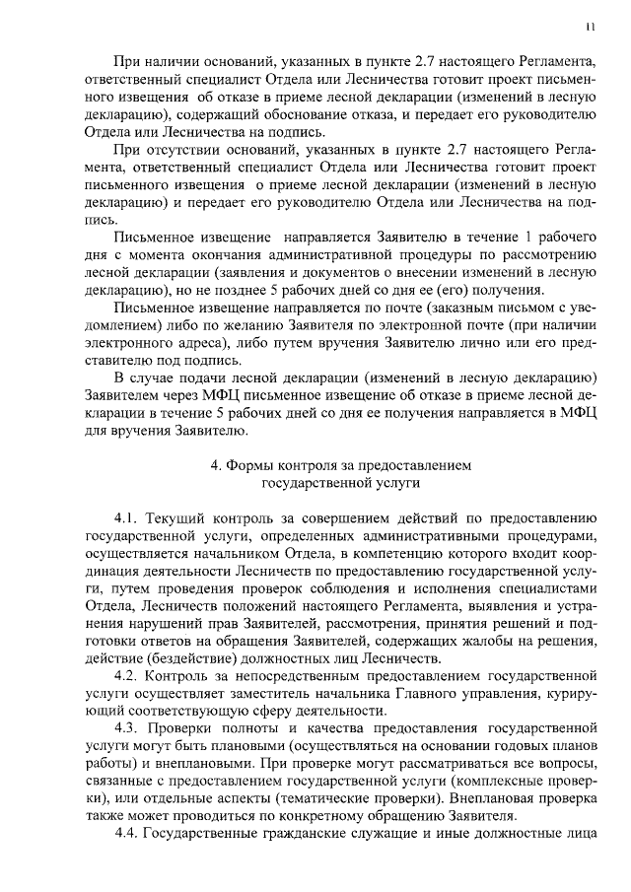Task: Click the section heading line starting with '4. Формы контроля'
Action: coord(340,464)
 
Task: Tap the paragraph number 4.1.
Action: coord(129,516)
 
